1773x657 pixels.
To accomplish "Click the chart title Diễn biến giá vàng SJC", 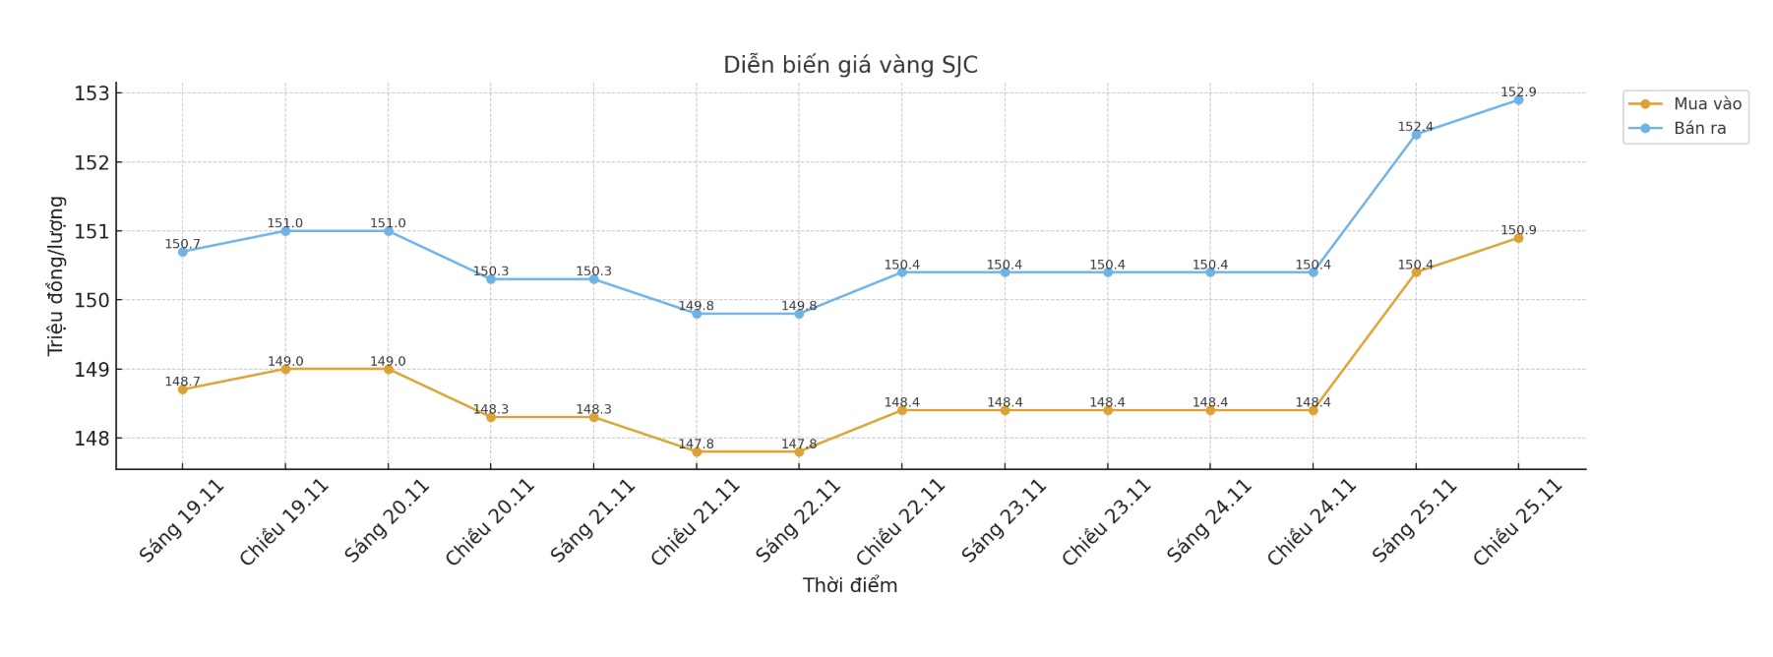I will (850, 65).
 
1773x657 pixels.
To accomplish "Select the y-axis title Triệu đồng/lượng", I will (56, 275).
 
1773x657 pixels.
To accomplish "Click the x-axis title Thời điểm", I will (850, 585).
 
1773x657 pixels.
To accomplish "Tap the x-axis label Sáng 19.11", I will (182, 520).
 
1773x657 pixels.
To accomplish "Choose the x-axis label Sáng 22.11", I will (798, 520).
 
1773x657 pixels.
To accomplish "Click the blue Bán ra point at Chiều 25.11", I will (1518, 100).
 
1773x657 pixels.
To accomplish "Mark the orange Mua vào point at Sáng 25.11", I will (1416, 272).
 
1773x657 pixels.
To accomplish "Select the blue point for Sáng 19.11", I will (182, 252).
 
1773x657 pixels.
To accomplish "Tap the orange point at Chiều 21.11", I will (697, 451).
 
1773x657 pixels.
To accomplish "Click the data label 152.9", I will (1518, 91).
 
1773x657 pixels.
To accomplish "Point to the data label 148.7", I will (182, 382).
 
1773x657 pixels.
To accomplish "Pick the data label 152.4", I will (1415, 127).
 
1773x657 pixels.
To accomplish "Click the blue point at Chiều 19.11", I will (285, 231).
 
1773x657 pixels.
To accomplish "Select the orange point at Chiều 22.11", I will (901, 410).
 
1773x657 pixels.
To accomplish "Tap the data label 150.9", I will (1518, 230).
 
